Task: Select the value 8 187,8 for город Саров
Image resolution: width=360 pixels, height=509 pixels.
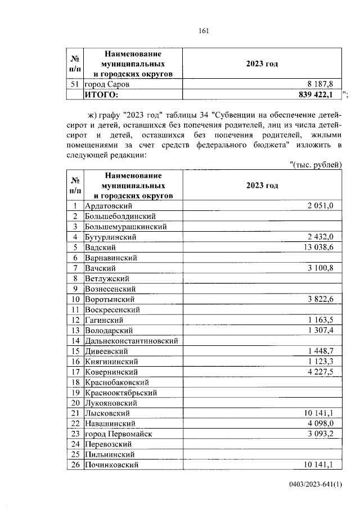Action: click(320, 84)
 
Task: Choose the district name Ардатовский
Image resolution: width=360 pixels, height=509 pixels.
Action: click(107, 206)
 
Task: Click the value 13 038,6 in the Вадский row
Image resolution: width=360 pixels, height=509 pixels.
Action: click(319, 247)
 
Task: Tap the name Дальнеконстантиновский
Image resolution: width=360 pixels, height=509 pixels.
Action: click(131, 340)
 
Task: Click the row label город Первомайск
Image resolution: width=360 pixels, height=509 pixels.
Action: click(118, 434)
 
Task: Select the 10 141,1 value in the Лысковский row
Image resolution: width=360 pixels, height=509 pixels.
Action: click(319, 413)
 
